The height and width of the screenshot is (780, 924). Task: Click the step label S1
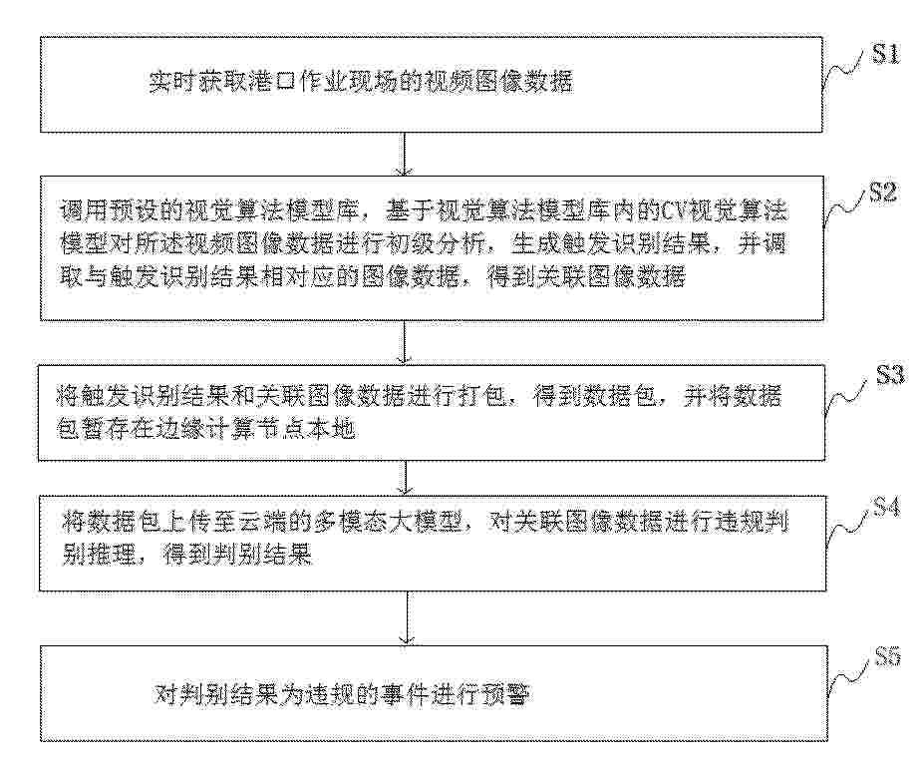[x=886, y=54]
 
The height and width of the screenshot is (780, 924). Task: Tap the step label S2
[x=883, y=193]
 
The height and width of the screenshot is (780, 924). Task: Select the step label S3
[x=890, y=375]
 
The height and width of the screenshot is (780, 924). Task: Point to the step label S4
[x=886, y=507]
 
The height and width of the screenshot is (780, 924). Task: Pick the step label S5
[x=887, y=656]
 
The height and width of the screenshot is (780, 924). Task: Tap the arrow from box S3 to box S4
[x=405, y=478]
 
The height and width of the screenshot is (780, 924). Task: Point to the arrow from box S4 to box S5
[x=408, y=618]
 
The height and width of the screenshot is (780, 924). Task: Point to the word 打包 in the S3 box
[x=482, y=396]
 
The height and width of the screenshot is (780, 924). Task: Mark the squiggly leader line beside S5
[x=849, y=677]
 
